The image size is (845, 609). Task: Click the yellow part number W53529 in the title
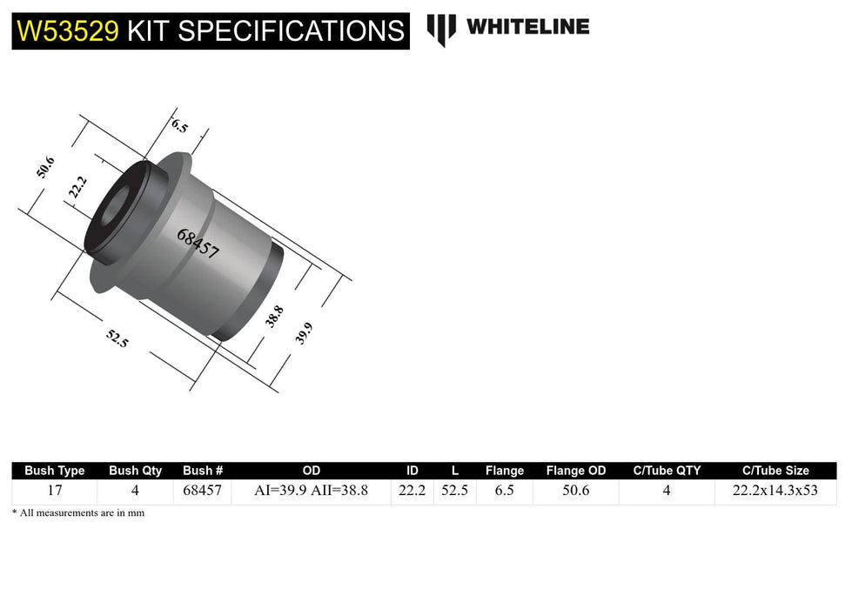(68, 31)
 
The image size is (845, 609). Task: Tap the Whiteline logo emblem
(441, 29)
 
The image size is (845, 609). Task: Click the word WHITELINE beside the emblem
(527, 27)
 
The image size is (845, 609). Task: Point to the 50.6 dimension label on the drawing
(45, 166)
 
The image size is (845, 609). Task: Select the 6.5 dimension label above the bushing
(179, 124)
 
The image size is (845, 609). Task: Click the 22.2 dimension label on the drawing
(77, 187)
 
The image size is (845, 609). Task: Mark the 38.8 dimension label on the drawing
(274, 316)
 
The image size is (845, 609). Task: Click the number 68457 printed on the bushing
(198, 244)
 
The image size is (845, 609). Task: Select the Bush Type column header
(55, 471)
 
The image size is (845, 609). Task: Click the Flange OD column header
(575, 471)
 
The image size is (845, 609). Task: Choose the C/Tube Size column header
(775, 471)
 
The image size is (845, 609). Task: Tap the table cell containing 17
(55, 491)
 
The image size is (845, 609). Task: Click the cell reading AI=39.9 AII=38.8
(311, 491)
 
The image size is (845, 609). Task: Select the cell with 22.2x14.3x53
(775, 491)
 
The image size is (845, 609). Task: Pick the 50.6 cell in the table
(575, 491)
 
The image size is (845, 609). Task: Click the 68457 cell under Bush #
(202, 491)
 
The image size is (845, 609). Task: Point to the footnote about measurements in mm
(78, 513)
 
